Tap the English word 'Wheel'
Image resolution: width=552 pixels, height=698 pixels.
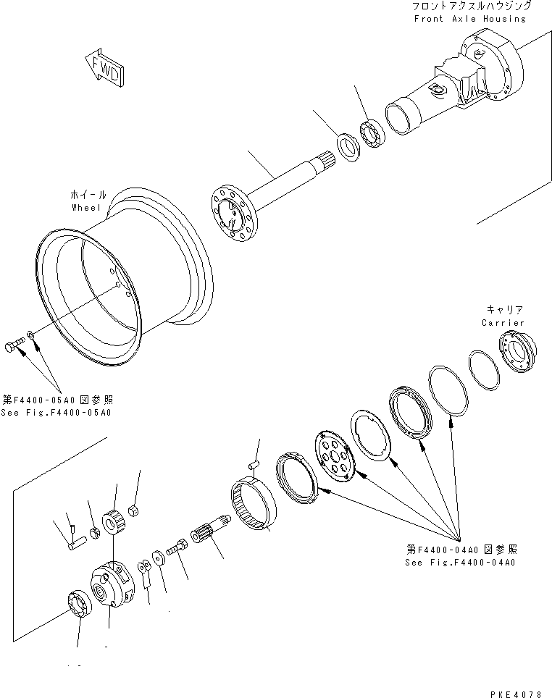(x=88, y=207)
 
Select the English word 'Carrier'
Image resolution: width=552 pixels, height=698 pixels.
(x=502, y=322)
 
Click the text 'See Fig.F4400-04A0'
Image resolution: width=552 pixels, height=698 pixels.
(x=461, y=562)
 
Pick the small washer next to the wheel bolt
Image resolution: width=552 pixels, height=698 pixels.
(x=30, y=335)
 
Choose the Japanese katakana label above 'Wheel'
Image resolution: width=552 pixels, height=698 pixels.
(x=88, y=195)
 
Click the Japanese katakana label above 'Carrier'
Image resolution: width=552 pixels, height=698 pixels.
(x=502, y=310)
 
